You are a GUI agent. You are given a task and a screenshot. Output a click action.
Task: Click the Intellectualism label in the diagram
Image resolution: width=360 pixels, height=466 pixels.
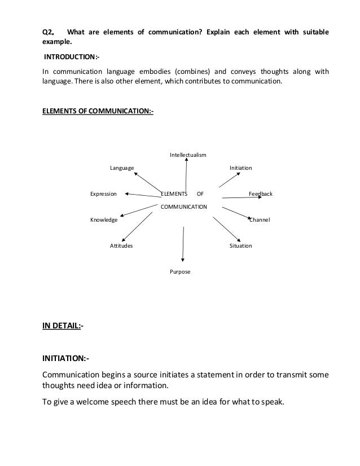point(188,155)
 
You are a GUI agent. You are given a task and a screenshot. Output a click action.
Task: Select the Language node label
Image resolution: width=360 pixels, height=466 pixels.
point(122,168)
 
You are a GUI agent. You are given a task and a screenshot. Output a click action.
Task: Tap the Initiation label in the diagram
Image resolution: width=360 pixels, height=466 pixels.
point(240,168)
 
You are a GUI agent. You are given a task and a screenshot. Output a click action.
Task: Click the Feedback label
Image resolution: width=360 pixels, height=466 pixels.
point(261,194)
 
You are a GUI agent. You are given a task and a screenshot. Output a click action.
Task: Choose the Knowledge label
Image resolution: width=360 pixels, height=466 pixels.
point(104,219)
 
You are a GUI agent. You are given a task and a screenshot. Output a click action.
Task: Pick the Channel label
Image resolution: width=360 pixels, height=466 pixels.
point(260,219)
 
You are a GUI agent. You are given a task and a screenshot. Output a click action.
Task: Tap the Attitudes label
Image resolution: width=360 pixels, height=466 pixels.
point(121,246)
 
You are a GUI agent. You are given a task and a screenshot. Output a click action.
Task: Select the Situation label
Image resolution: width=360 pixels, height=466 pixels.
point(240,246)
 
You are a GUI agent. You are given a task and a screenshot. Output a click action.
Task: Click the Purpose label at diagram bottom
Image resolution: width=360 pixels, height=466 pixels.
point(180,272)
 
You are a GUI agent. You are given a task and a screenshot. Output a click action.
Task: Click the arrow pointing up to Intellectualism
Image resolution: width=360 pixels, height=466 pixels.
point(186,175)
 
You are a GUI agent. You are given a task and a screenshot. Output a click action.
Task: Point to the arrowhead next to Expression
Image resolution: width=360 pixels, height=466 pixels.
point(128,194)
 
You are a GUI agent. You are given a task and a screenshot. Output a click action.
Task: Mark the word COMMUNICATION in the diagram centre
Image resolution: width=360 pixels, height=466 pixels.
point(185,207)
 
